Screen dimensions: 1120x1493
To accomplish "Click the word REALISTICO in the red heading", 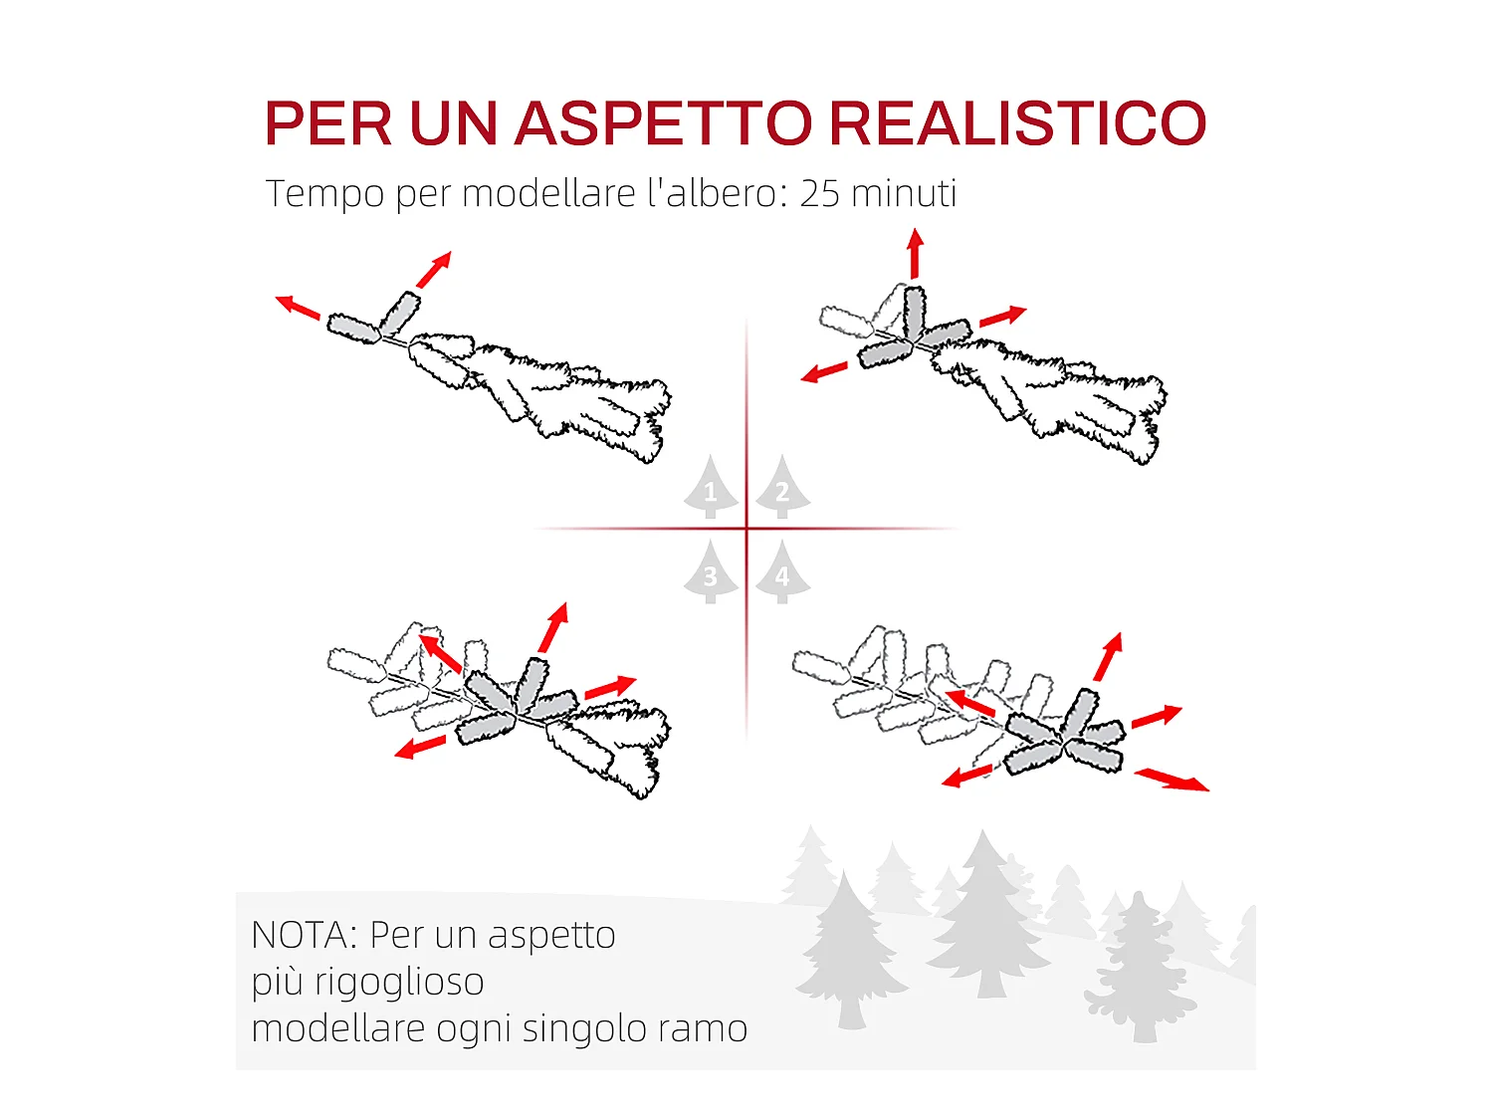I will [x=1017, y=123].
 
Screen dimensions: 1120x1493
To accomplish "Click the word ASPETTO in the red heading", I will [x=664, y=123].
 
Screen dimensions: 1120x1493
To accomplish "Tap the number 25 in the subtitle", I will [x=819, y=193].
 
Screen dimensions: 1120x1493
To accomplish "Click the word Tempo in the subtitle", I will [x=324, y=194].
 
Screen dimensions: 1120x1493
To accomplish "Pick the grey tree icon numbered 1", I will [x=710, y=489].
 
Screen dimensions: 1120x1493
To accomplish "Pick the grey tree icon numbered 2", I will [x=782, y=489].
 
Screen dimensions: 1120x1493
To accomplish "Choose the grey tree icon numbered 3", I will [x=710, y=573].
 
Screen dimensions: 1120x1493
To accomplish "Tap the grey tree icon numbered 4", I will [x=782, y=573].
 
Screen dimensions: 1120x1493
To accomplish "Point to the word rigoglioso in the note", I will [x=399, y=983].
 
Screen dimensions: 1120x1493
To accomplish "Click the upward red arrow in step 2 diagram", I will [x=915, y=254].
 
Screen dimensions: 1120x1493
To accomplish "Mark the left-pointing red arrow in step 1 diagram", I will [x=297, y=307].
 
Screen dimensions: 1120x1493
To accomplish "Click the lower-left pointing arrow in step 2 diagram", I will [x=824, y=372].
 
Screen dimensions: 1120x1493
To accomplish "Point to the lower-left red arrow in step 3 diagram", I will [x=419, y=747].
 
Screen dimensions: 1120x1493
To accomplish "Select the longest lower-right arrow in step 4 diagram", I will [x=1172, y=780].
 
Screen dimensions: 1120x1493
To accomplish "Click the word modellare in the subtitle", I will [x=548, y=193].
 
